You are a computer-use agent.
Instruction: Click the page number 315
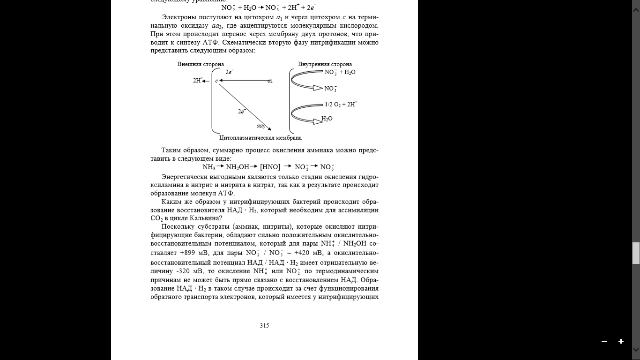[264, 325]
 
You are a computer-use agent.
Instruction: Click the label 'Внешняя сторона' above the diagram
[201, 64]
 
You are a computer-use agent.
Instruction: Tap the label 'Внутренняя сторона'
[325, 64]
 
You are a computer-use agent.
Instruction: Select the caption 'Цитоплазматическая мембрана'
[260, 138]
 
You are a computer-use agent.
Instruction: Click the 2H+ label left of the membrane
[198, 81]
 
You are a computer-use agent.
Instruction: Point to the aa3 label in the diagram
[260, 126]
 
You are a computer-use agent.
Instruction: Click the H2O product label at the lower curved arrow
[327, 119]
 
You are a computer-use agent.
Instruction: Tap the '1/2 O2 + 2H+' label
[341, 104]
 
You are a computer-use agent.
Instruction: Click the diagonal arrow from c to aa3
[244, 106]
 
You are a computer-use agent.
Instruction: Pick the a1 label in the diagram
[270, 81]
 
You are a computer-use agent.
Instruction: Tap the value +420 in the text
[302, 253]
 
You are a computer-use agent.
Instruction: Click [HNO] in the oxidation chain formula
[270, 167]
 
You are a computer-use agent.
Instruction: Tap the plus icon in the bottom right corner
[621, 341]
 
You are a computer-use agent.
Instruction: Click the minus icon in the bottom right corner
[604, 341]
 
